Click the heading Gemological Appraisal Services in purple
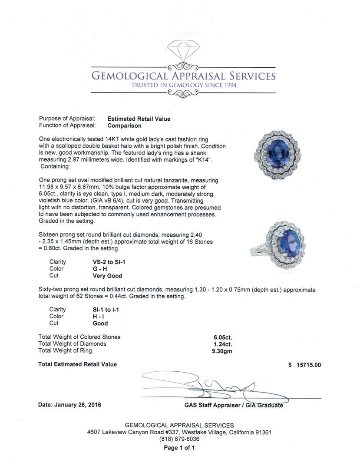(x=183, y=76)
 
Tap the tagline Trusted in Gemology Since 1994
(x=184, y=85)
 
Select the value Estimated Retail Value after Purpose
(x=139, y=119)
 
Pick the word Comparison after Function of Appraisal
(x=124, y=126)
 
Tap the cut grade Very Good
(x=107, y=276)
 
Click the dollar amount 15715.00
(x=308, y=365)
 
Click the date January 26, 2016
(x=69, y=405)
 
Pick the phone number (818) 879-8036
(x=179, y=439)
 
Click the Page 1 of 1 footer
(x=179, y=448)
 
